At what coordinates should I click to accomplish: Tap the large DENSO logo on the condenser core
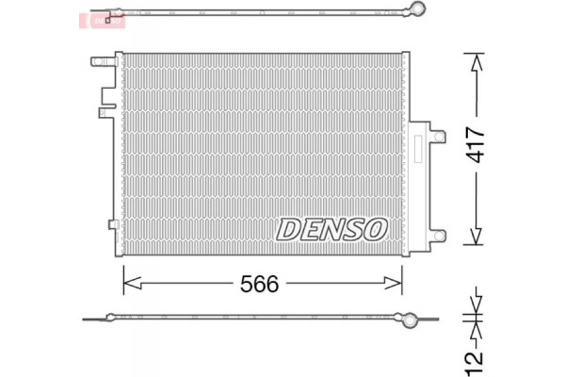pyautogui.click(x=331, y=228)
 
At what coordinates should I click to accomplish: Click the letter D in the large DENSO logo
pyautogui.click(x=287, y=228)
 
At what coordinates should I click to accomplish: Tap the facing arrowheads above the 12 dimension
pyautogui.click(x=476, y=314)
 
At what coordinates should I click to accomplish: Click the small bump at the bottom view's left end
pyautogui.click(x=112, y=316)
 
